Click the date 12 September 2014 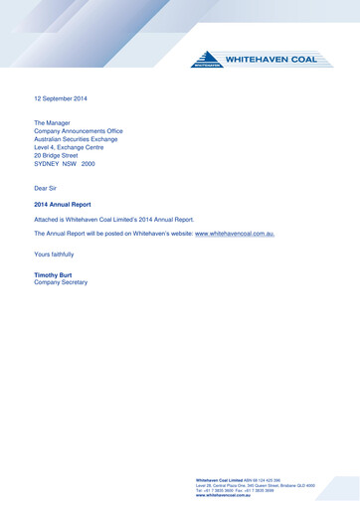62,99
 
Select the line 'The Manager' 53,121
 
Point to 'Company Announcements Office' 79,130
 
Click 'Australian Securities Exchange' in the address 76,139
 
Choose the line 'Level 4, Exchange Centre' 69,147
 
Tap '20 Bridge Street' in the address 56,156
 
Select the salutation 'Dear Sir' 47,187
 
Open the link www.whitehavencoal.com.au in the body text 234,234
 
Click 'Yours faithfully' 54,255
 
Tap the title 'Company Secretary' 61,282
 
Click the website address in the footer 224,495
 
